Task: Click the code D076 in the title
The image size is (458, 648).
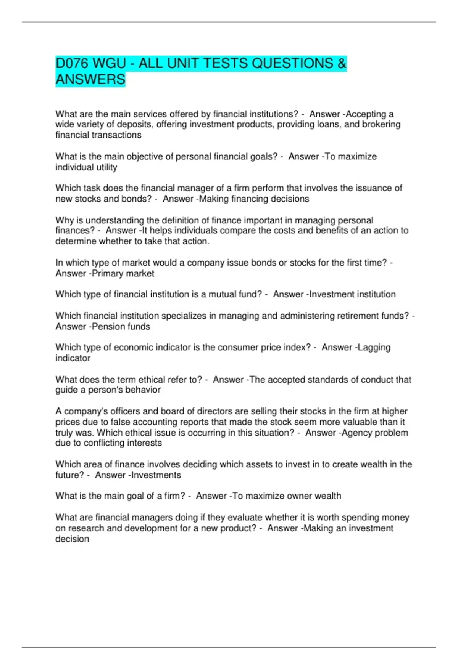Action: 71,63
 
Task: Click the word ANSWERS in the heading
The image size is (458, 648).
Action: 90,79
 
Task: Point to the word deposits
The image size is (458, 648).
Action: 134,125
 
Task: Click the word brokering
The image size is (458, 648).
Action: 381,125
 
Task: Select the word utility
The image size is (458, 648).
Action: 108,167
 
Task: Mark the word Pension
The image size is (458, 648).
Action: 108,327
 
